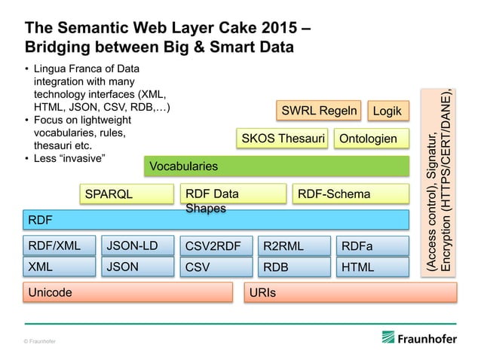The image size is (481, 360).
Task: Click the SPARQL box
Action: click(x=127, y=194)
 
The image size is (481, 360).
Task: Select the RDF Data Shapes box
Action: click(x=233, y=194)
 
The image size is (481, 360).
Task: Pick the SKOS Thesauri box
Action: click(x=283, y=139)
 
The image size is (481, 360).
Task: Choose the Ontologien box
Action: click(x=368, y=139)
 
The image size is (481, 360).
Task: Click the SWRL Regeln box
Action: click(x=319, y=111)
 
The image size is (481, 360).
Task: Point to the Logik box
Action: click(x=388, y=111)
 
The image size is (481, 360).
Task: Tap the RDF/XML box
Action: click(x=60, y=245)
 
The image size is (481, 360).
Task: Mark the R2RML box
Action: click(x=293, y=245)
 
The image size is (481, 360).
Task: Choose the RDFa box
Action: click(x=372, y=245)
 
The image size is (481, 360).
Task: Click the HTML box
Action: click(x=372, y=267)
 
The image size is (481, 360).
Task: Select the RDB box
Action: click(x=293, y=267)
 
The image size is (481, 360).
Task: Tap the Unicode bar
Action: click(x=127, y=292)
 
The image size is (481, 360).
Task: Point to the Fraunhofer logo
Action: click(x=419, y=338)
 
